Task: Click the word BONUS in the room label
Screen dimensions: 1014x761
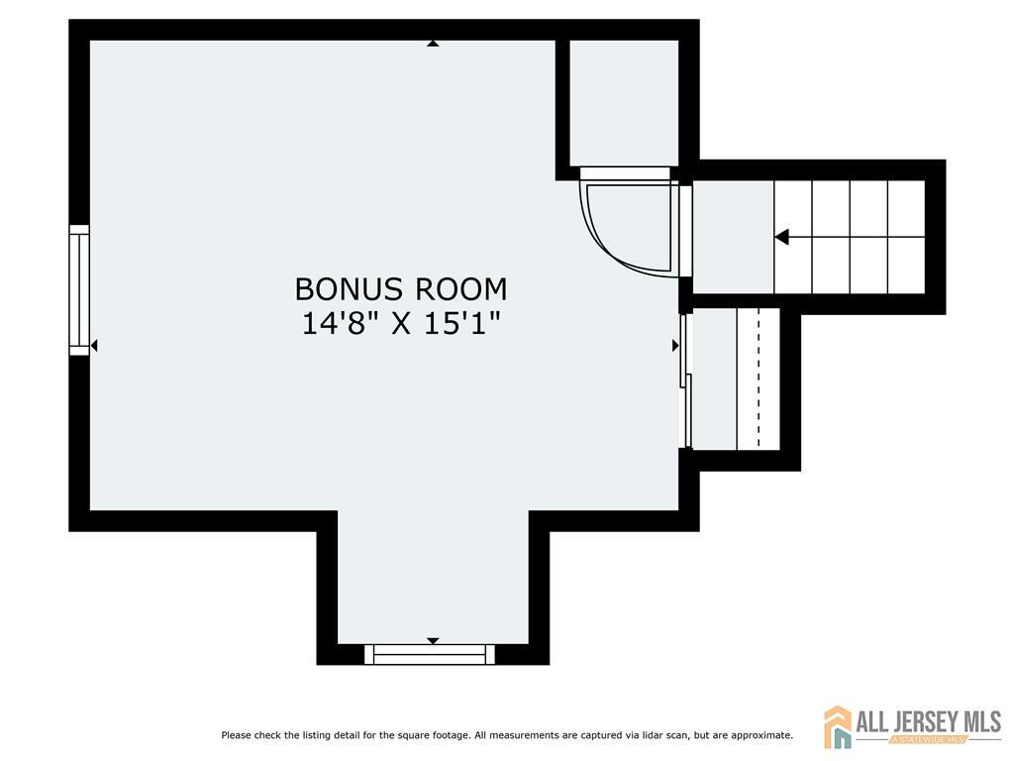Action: pos(349,289)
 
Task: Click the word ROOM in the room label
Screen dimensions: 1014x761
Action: pos(461,289)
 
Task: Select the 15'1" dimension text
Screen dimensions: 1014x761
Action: pos(462,323)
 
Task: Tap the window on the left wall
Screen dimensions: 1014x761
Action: pos(79,290)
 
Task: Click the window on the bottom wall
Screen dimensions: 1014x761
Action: pos(430,654)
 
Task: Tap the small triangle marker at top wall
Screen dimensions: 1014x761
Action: pos(433,44)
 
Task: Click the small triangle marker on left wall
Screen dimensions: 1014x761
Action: pos(94,346)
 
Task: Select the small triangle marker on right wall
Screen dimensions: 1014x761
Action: pos(675,346)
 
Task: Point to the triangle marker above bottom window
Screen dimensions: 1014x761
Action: pos(433,641)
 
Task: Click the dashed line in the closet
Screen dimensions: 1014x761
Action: pos(759,378)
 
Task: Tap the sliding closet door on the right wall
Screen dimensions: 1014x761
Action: pos(686,380)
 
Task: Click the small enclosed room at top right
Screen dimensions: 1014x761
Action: pos(624,103)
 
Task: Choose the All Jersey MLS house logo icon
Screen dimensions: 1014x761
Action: pos(838,726)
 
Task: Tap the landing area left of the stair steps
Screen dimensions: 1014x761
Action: pos(734,237)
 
